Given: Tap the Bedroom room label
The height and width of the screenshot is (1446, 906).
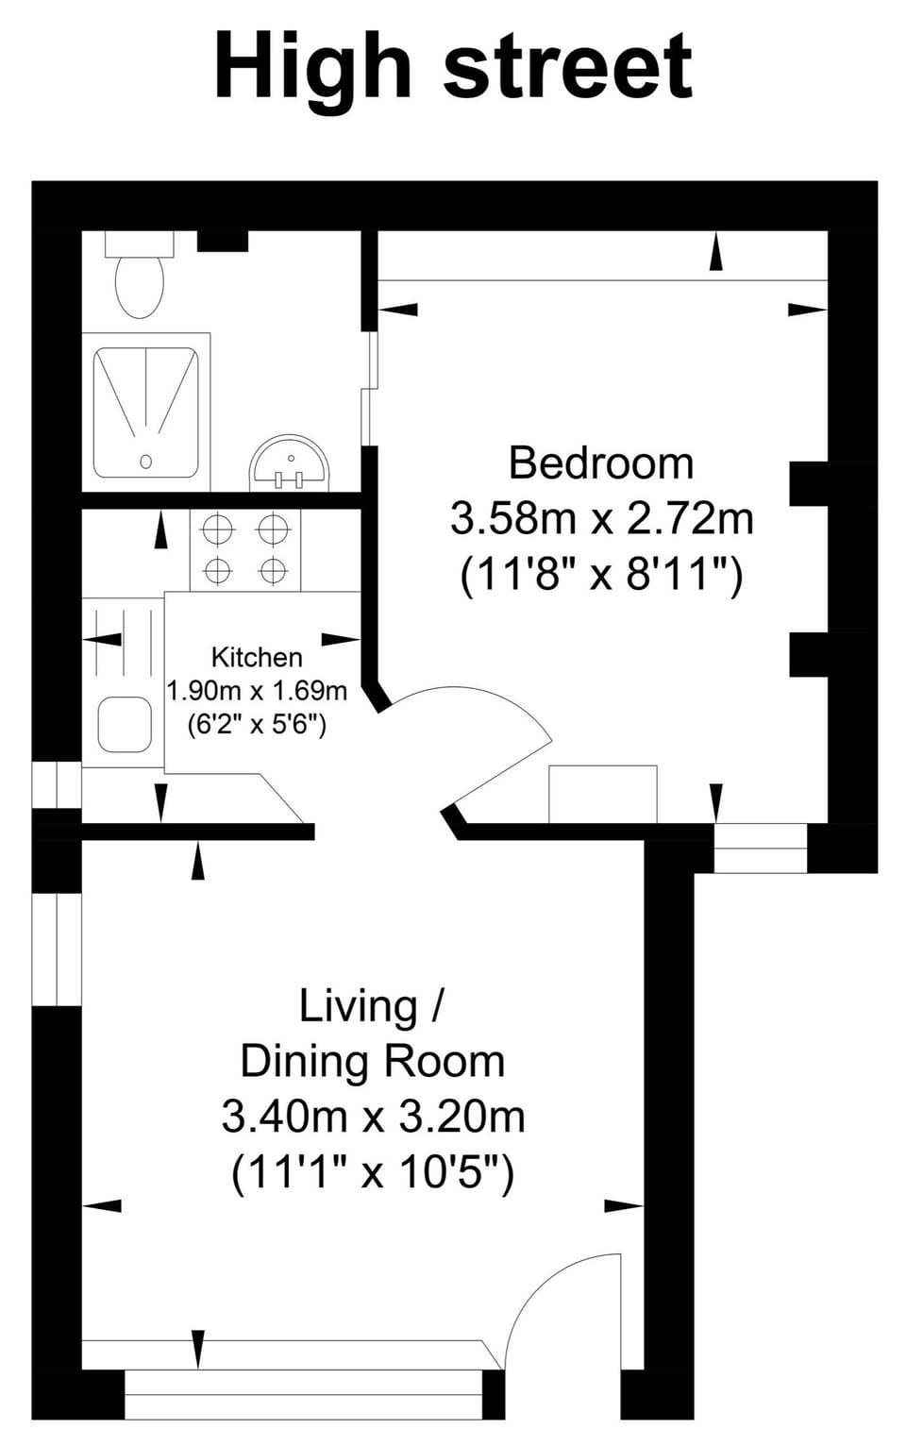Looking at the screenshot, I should pyautogui.click(x=601, y=463).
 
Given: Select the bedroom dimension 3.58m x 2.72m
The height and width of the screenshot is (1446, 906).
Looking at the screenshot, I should pyautogui.click(x=601, y=518).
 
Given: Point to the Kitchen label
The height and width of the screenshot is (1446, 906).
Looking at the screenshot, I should pyautogui.click(x=257, y=657).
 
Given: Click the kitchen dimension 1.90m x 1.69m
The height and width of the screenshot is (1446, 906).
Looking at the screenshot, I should pyautogui.click(x=257, y=691).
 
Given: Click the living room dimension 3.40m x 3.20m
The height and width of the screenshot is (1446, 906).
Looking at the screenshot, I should pyautogui.click(x=373, y=1117).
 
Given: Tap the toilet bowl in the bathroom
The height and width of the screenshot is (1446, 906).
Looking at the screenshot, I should pyautogui.click(x=140, y=284).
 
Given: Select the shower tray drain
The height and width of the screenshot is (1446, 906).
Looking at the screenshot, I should pyautogui.click(x=146, y=462).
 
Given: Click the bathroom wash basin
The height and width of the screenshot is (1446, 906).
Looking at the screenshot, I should pyautogui.click(x=291, y=465).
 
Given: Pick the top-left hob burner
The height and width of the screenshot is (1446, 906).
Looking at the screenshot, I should pyautogui.click(x=218, y=530).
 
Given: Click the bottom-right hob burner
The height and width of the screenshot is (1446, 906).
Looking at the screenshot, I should pyautogui.click(x=274, y=571).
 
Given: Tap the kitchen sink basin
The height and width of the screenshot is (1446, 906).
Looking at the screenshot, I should pyautogui.click(x=125, y=725).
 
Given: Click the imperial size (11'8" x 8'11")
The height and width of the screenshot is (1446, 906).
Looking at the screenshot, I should pyautogui.click(x=601, y=574).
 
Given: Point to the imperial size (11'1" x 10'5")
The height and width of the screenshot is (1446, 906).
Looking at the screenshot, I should pyautogui.click(x=373, y=1172).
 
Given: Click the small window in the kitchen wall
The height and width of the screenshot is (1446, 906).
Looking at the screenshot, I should pyautogui.click(x=57, y=785).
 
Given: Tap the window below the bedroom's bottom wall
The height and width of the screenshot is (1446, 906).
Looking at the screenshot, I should pyautogui.click(x=761, y=848).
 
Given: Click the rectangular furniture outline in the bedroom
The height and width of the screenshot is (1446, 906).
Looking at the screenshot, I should pyautogui.click(x=602, y=794).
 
